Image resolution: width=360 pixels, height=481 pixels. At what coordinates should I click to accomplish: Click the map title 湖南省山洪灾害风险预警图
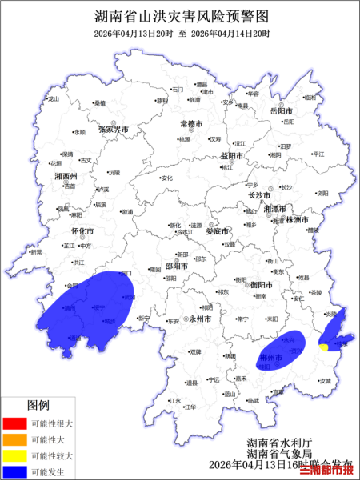[180, 14]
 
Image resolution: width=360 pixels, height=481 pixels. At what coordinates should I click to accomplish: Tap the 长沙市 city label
[259, 195]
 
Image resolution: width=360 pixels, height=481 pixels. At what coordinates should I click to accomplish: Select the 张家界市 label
[113, 129]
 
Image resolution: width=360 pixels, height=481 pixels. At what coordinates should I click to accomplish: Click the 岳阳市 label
[283, 110]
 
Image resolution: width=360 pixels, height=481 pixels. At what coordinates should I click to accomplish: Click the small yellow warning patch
[323, 347]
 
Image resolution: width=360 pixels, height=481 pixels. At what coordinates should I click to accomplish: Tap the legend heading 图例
[39, 405]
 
